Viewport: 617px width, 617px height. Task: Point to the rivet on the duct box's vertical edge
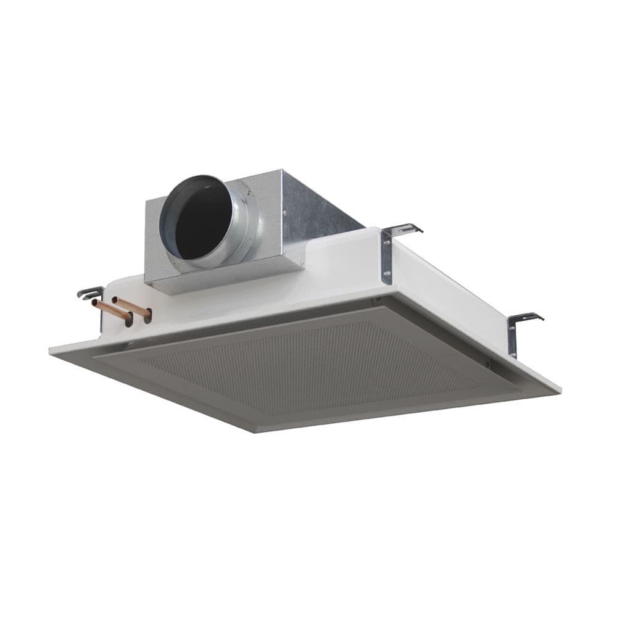(x=284, y=213)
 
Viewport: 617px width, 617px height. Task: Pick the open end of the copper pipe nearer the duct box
(x=115, y=300)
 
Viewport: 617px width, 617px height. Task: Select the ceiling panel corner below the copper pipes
(x=52, y=350)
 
